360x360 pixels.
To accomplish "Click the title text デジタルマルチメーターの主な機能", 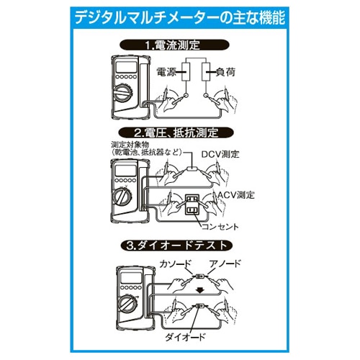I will [x=180, y=17].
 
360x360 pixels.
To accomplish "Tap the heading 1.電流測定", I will [x=179, y=45].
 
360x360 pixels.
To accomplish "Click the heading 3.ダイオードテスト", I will [x=179, y=246].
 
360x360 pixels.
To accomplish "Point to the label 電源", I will [x=167, y=73].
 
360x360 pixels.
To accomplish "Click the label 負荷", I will [x=222, y=73].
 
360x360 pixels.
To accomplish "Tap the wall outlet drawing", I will [x=193, y=204].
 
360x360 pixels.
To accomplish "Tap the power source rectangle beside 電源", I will [x=185, y=73].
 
